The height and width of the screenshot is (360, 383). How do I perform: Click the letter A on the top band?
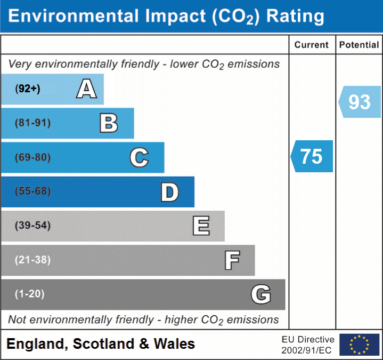pyautogui.click(x=86, y=89)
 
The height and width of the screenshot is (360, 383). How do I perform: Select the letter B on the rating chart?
pyautogui.click(x=109, y=123)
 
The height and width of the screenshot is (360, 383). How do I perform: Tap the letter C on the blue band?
pyautogui.click(x=139, y=157)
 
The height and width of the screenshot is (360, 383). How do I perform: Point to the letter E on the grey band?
pyautogui.click(x=201, y=226)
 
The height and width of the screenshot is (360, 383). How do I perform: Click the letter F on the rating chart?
pyautogui.click(x=232, y=260)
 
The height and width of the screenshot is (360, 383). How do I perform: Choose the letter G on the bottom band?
pyautogui.click(x=261, y=294)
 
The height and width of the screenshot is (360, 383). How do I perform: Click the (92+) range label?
pyautogui.click(x=28, y=89)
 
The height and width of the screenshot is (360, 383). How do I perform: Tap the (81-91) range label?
pyautogui.click(x=33, y=123)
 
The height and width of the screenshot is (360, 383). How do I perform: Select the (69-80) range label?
pyautogui.click(x=33, y=157)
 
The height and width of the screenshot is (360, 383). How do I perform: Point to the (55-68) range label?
pyautogui.click(x=33, y=191)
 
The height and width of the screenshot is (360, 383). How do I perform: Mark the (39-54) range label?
pyautogui.click(x=33, y=226)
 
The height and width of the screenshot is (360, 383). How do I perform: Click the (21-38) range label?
pyautogui.click(x=33, y=260)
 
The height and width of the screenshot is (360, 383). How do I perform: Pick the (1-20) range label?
pyautogui.click(x=30, y=294)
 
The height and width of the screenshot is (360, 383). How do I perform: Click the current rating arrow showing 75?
pyautogui.click(x=312, y=156)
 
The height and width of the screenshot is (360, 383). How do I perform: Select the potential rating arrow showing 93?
pyautogui.click(x=360, y=101)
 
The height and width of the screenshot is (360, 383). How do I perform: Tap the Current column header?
pyautogui.click(x=312, y=45)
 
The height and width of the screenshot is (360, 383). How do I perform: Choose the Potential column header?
pyautogui.click(x=359, y=45)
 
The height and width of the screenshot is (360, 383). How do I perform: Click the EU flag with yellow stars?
pyautogui.click(x=359, y=345)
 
